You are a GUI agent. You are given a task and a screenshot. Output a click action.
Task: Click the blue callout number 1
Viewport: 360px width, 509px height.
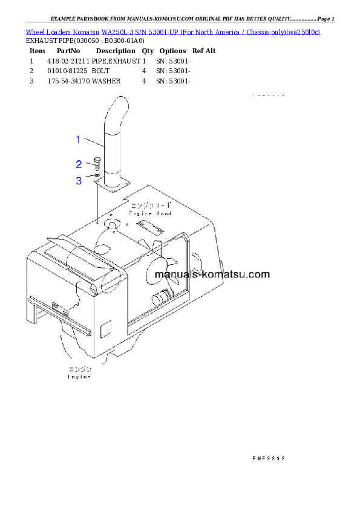[x=78, y=140]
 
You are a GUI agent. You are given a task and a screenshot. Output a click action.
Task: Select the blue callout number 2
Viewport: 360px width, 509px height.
[x=79, y=164]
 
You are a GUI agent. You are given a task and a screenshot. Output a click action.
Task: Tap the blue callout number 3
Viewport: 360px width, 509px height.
[x=79, y=180]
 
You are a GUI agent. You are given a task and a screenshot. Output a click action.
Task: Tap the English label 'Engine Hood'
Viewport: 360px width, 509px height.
[x=151, y=213]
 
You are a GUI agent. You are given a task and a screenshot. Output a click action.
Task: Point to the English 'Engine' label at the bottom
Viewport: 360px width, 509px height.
[x=79, y=377]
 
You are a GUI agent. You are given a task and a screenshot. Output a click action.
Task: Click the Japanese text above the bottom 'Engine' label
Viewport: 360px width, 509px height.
[x=79, y=369]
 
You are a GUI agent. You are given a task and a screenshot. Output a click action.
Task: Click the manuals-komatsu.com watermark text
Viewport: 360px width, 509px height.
[x=212, y=274]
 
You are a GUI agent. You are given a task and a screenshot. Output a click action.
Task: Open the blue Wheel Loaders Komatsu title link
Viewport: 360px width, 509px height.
[x=173, y=31]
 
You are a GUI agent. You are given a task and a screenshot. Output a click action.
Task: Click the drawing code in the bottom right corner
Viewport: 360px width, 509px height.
[x=268, y=458]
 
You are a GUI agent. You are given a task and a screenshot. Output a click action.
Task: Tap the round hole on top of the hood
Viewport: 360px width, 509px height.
[x=113, y=225]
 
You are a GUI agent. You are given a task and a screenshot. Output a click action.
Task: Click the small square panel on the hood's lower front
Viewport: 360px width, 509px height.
[x=106, y=329]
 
